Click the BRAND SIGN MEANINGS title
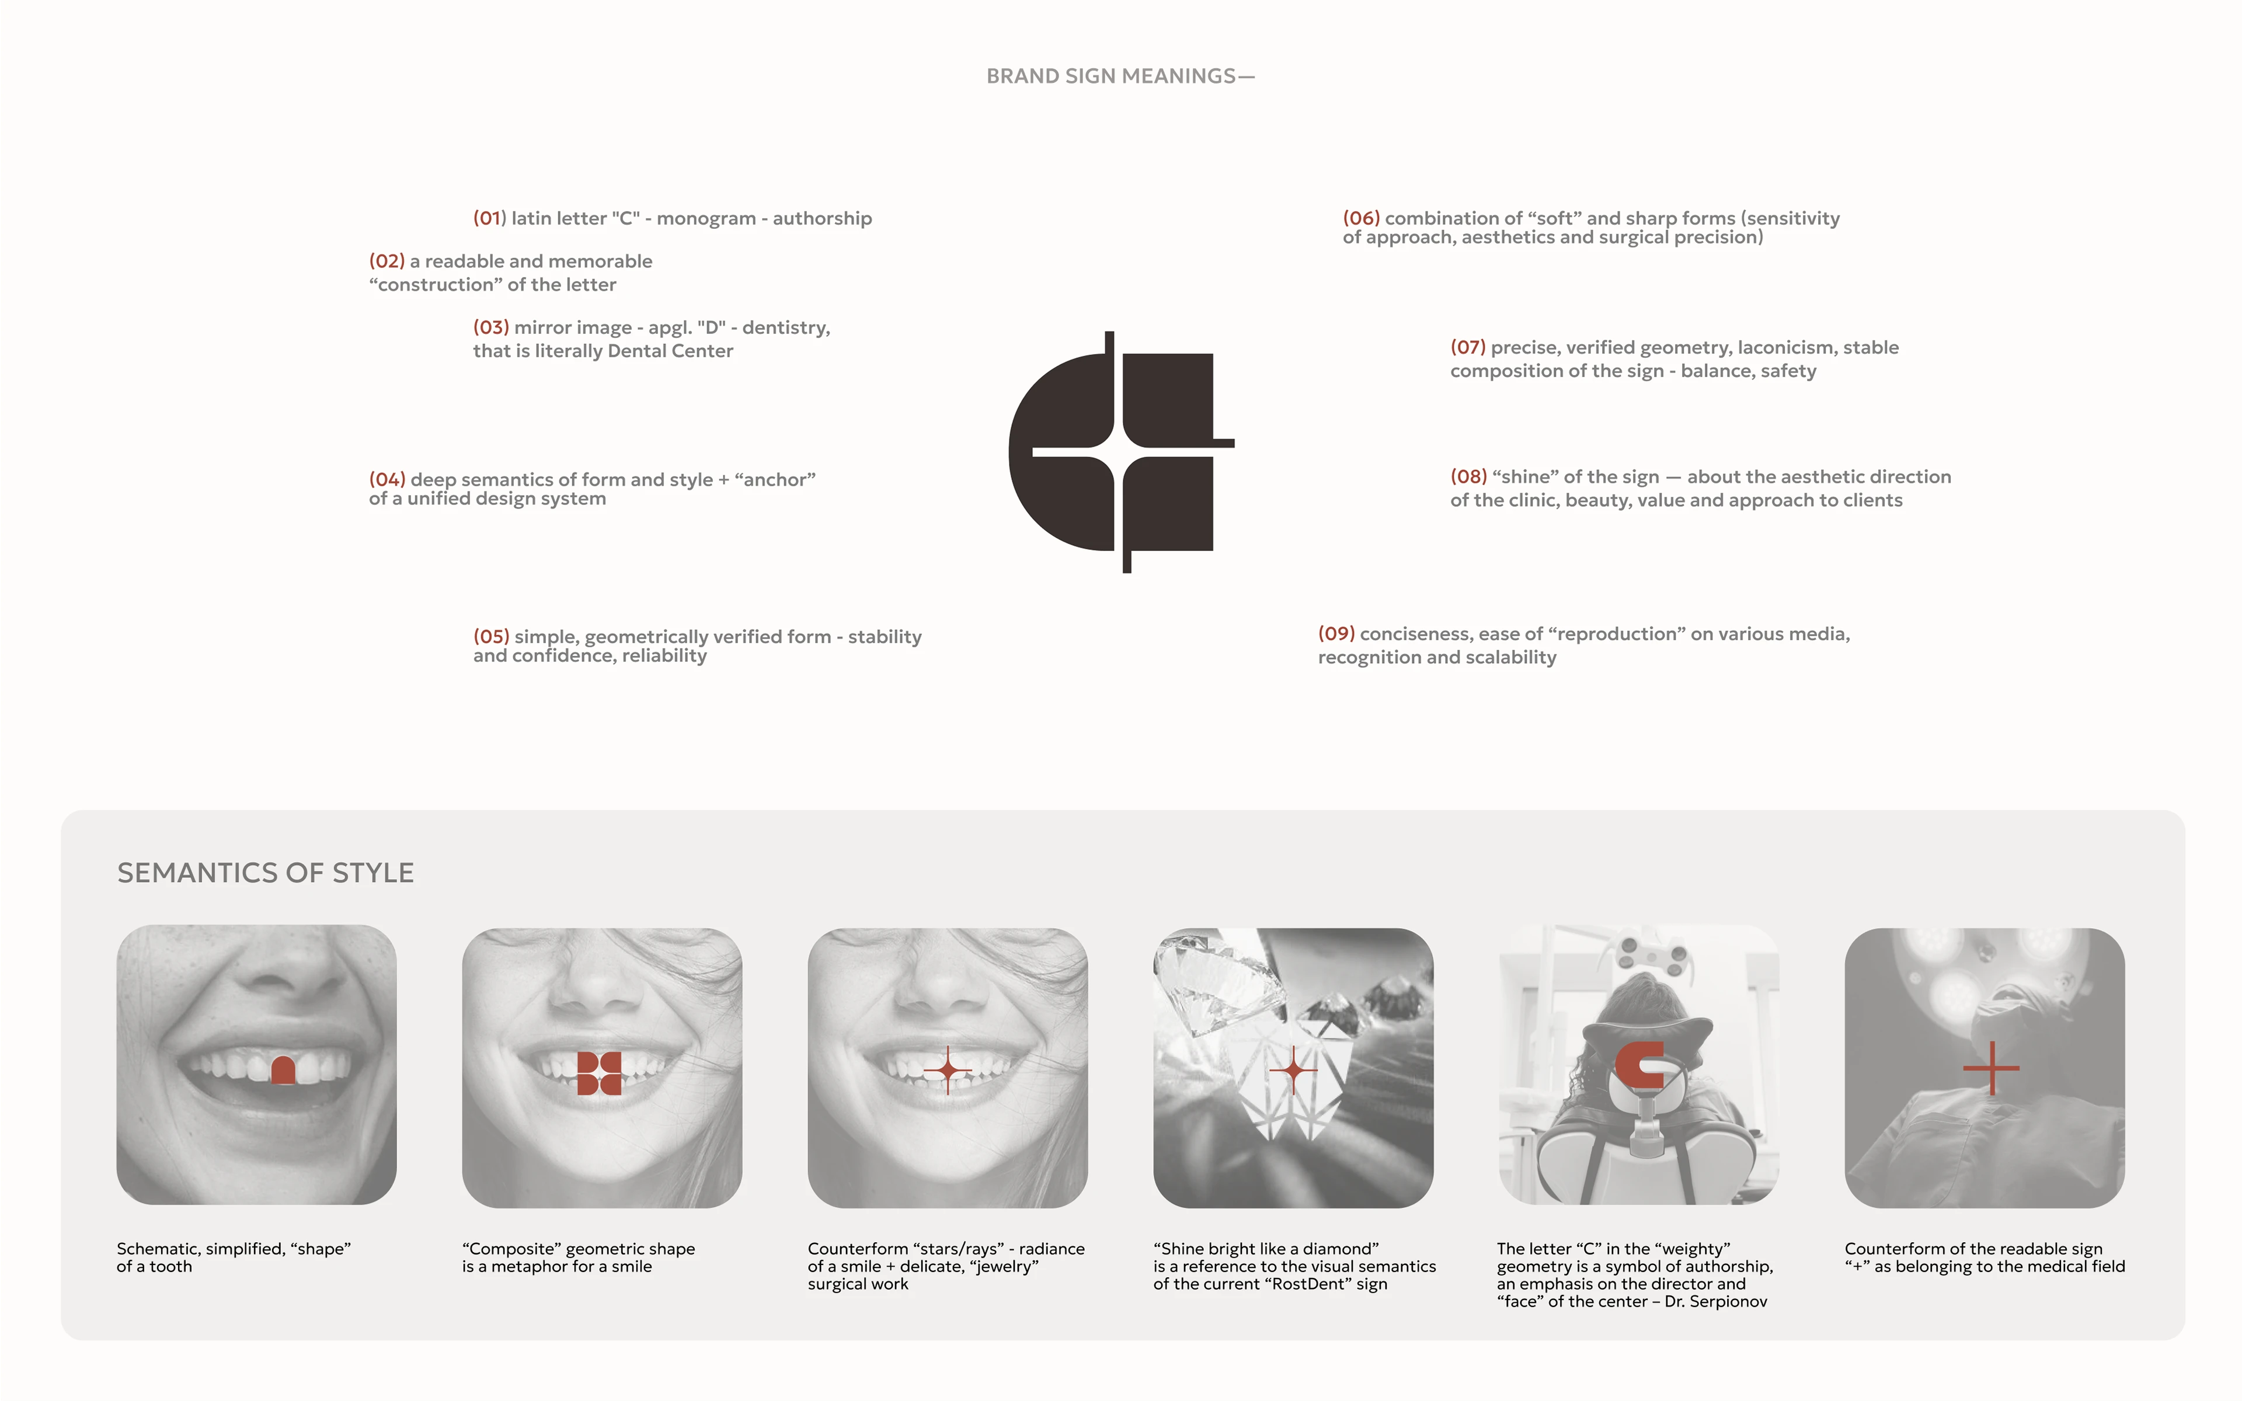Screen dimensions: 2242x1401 pos(1120,76)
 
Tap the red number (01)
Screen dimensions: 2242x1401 pos(489,218)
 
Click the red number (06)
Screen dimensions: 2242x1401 pos(1361,218)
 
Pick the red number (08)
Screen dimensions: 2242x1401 pos(1468,476)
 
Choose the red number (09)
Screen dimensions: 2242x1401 pos(1336,634)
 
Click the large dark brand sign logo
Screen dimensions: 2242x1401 pos(1121,452)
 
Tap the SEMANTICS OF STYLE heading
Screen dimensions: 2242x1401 pos(265,873)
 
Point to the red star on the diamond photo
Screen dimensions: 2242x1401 pos(1293,1071)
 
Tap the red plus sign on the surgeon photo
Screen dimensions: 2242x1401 pos(1991,1068)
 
